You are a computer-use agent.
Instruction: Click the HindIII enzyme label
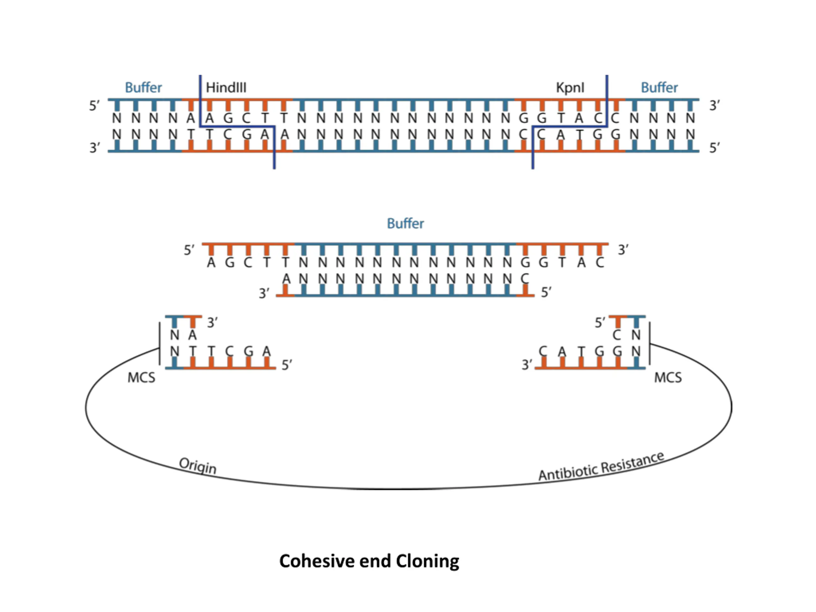coord(226,87)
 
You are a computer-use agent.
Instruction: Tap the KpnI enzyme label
coord(570,88)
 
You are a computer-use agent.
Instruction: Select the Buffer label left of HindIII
coord(143,87)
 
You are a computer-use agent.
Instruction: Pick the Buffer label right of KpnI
coord(659,87)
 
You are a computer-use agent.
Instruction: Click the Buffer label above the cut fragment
coord(405,223)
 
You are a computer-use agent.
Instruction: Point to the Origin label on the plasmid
coord(198,466)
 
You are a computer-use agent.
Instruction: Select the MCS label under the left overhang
coord(141,378)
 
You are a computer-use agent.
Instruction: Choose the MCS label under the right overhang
coord(668,378)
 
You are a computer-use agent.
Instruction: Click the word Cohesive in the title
coord(317,561)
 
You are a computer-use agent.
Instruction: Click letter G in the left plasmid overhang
coord(249,352)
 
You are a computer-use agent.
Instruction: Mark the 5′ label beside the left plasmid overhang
coord(287,365)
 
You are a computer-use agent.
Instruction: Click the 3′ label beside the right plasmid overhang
coord(527,365)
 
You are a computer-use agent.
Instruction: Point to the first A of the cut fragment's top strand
coord(211,263)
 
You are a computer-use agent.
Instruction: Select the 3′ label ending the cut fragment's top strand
coord(623,250)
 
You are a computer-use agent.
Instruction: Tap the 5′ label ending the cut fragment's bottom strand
coord(546,293)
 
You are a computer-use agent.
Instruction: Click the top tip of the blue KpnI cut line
coord(607,75)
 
